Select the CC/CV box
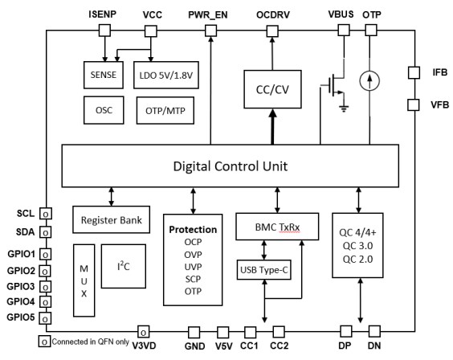pyautogui.click(x=271, y=89)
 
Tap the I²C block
pyautogui.click(x=123, y=267)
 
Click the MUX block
pyautogui.click(x=85, y=278)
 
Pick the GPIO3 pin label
pyautogui.click(x=21, y=286)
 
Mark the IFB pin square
pyautogui.click(x=414, y=72)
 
